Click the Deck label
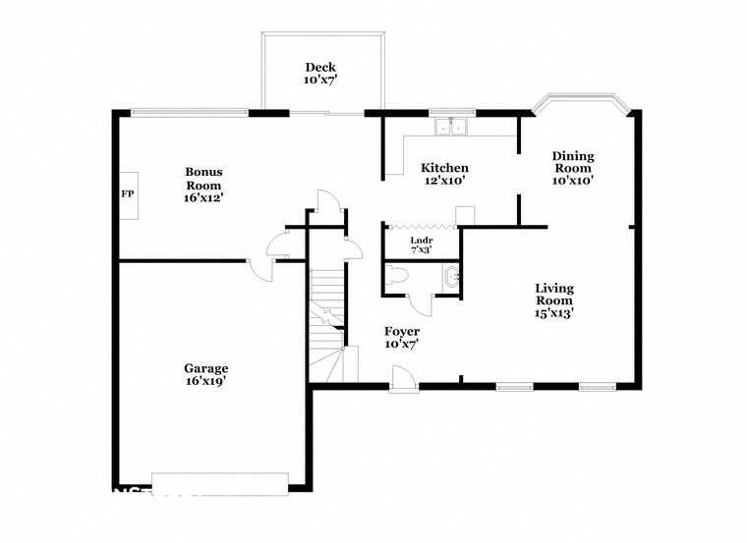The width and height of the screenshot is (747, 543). [x=319, y=67]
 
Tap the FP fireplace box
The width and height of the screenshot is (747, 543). [x=127, y=194]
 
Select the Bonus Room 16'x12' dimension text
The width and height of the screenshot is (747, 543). [x=203, y=197]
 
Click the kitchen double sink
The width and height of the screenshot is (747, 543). [x=452, y=125]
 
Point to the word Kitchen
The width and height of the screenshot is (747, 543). [x=444, y=168]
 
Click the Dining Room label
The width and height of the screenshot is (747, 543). [x=572, y=162]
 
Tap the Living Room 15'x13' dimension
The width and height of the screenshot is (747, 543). [x=553, y=313]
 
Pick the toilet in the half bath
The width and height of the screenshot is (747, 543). [x=396, y=278]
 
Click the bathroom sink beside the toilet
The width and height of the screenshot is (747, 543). [x=450, y=278]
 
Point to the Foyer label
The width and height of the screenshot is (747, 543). [x=401, y=332]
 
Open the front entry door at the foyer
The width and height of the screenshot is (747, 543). [x=402, y=378]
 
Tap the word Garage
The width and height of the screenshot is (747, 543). [x=206, y=368]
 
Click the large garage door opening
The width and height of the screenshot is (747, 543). [x=219, y=483]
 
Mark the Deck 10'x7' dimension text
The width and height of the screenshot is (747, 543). [x=319, y=81]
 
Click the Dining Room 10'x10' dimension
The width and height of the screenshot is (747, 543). [x=572, y=181]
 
